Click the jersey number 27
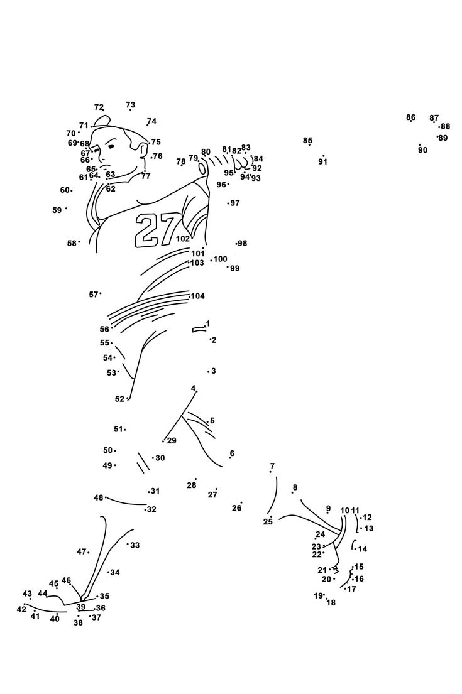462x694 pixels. tap(155, 230)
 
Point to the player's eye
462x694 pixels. tap(111, 146)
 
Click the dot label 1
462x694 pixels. tap(207, 324)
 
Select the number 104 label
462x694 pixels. tap(197, 296)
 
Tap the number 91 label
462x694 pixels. tap(322, 162)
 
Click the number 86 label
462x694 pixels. tap(410, 117)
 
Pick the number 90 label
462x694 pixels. tap(422, 150)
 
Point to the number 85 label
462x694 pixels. tap(307, 141)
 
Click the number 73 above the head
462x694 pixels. tap(130, 105)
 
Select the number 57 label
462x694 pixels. tap(93, 294)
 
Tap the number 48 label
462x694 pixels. tap(98, 497)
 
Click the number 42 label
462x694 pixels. tap(21, 609)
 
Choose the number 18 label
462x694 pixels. tap(331, 603)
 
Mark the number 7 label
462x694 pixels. tap(272, 466)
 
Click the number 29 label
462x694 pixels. tap(172, 441)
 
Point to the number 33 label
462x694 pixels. tap(135, 545)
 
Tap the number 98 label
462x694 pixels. tap(242, 244)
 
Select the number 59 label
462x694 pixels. tap(57, 210)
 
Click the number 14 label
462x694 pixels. tap(363, 549)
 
